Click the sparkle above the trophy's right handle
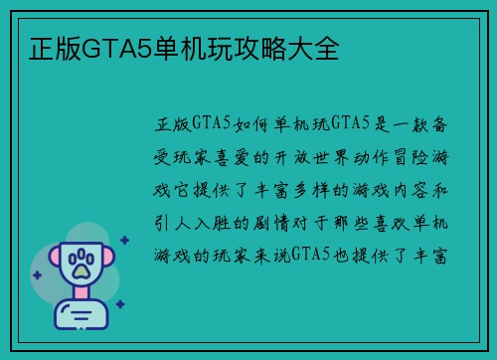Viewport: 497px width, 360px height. point(124,240)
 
